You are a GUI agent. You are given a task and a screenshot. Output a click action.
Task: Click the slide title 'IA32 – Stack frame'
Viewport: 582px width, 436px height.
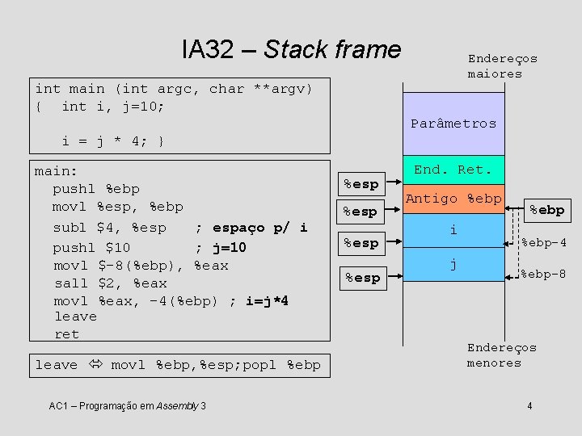click(x=291, y=50)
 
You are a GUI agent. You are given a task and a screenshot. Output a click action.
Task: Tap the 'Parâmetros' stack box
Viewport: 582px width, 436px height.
click(x=453, y=124)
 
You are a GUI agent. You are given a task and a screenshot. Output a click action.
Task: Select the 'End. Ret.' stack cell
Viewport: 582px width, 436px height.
click(x=453, y=170)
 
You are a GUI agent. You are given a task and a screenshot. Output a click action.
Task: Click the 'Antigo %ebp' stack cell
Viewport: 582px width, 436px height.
click(x=453, y=199)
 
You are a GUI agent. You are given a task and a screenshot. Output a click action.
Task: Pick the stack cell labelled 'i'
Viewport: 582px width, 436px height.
click(x=453, y=231)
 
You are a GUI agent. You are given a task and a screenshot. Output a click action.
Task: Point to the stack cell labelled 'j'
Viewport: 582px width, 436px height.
click(x=453, y=264)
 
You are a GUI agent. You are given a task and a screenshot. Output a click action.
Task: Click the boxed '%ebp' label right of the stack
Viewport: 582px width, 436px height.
click(x=546, y=209)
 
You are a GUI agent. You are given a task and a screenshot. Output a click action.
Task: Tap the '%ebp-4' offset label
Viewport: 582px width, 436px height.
click(x=542, y=242)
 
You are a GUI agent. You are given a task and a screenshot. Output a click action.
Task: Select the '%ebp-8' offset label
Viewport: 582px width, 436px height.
click(x=542, y=275)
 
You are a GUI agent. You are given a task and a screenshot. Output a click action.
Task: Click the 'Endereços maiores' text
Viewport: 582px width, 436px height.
click(x=502, y=66)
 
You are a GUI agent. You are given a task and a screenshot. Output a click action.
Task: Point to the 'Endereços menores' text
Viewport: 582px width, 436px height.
click(x=501, y=355)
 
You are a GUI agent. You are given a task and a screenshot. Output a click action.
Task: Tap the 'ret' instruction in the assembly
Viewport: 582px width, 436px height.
click(x=66, y=334)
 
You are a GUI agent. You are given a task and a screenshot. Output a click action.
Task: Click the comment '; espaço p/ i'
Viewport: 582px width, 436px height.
click(x=251, y=228)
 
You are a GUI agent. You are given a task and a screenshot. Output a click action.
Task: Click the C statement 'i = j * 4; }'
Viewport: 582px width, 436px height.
click(x=113, y=141)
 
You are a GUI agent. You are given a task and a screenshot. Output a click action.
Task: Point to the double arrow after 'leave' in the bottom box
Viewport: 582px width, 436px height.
click(x=94, y=365)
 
